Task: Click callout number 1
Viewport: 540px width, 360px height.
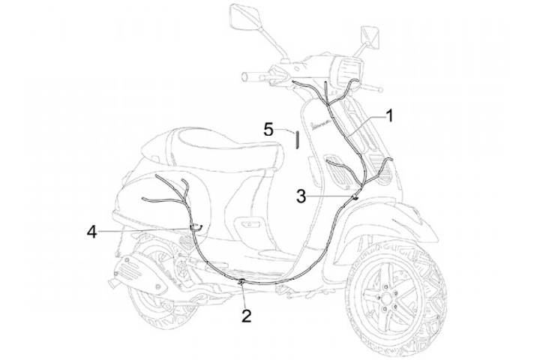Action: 389,115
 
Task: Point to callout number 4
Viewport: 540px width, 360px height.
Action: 91,232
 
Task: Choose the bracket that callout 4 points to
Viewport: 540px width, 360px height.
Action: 196,226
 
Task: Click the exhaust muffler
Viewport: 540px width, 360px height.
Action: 142,270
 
